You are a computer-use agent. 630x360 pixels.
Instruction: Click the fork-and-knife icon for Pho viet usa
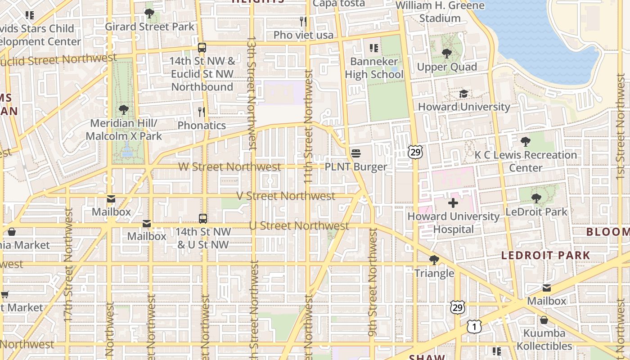[303, 21]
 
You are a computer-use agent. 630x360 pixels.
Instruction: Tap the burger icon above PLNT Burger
[355, 153]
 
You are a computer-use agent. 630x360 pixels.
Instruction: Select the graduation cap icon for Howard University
[463, 94]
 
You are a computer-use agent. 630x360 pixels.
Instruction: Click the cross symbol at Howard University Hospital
[453, 203]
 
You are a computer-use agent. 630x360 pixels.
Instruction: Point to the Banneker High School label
[374, 68]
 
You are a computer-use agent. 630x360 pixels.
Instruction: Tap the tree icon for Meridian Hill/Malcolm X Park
[123, 110]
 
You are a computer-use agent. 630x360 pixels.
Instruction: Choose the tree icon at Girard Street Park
[149, 13]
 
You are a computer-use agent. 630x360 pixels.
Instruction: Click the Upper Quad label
[446, 67]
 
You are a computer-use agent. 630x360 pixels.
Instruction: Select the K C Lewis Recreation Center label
[526, 161]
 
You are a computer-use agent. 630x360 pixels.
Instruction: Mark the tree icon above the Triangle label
[434, 260]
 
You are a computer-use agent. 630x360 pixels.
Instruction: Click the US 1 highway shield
[473, 327]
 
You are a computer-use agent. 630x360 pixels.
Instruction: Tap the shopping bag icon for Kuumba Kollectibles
[544, 320]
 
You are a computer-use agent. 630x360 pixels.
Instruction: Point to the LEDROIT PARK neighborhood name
[545, 255]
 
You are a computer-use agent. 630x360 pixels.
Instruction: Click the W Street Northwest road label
[229, 167]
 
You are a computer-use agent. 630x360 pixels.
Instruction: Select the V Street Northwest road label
[286, 196]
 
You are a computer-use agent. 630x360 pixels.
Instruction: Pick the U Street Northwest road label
[299, 225]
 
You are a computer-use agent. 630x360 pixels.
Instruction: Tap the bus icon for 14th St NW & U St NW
[203, 219]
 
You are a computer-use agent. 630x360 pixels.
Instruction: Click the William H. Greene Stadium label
[440, 12]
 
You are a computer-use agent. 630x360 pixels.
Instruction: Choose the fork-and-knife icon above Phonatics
[202, 112]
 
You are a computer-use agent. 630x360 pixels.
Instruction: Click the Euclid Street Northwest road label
[58, 59]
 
